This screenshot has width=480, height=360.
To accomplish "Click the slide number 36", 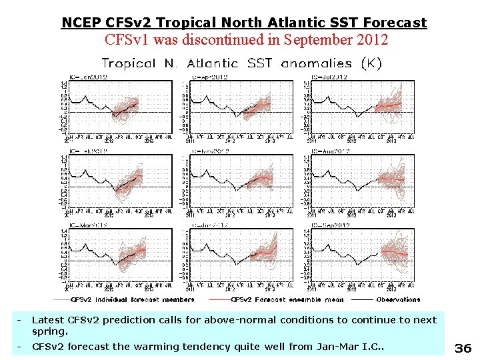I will coord(463,347).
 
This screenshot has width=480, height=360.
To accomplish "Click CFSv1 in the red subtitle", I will coord(127,39).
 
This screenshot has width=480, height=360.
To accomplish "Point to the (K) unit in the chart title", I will coord(371,63).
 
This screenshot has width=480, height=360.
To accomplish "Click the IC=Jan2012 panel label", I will coord(89,77).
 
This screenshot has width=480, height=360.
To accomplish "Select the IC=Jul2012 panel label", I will coord(331,77).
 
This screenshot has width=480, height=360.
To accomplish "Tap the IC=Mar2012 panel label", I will coord(89,225).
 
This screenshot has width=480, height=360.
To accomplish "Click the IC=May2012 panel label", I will coord(211,151).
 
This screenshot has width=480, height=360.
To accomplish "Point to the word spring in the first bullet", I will coord(49,331).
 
